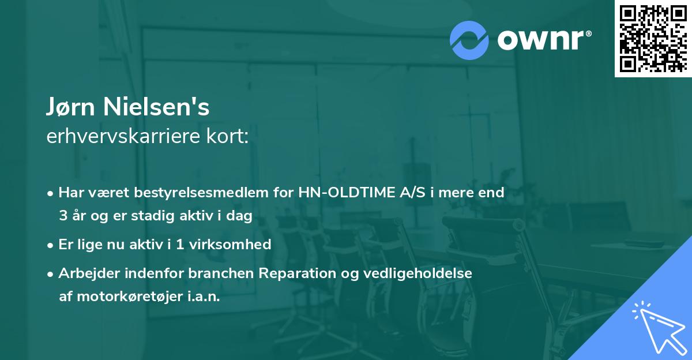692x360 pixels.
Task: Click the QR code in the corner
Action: [653, 38]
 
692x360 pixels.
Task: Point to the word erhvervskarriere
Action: [121, 136]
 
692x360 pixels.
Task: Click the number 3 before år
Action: [63, 216]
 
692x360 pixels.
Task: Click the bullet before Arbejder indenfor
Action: [51, 273]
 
